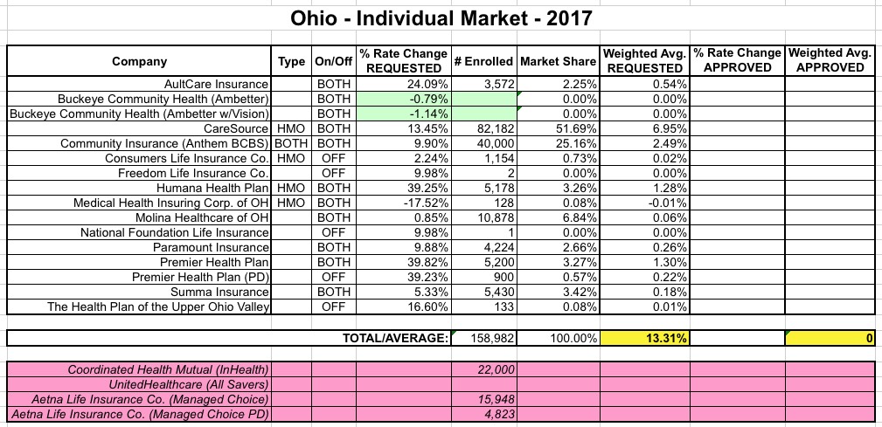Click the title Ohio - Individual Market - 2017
click(441, 17)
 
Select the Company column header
click(139, 61)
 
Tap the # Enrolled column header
click(483, 61)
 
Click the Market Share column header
click(557, 61)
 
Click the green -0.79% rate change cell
click(404, 99)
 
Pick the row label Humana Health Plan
click(212, 188)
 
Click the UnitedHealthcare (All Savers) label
click(188, 384)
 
